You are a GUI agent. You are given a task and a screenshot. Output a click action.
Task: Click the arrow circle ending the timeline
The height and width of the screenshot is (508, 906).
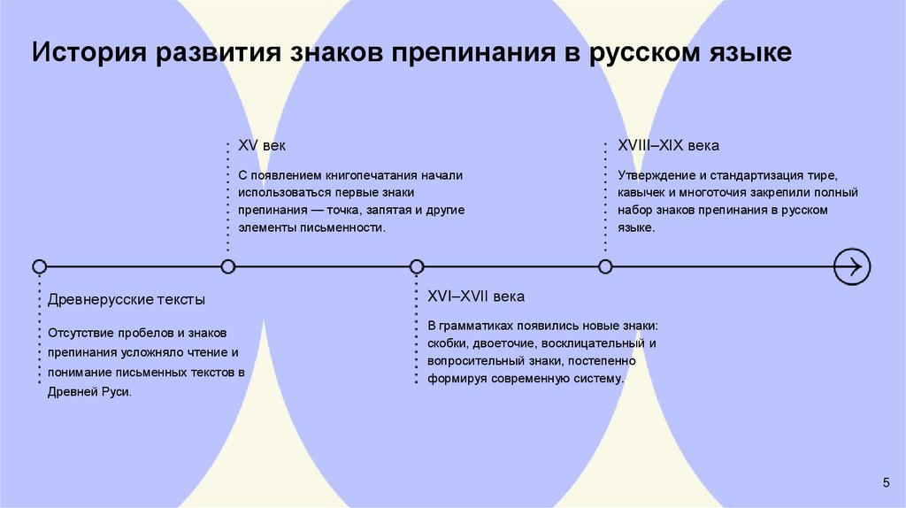point(853,266)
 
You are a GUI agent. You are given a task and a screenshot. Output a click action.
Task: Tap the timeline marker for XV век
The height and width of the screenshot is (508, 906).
point(228,266)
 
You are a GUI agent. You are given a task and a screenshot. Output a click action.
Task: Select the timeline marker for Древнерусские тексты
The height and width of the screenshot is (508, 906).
point(39,266)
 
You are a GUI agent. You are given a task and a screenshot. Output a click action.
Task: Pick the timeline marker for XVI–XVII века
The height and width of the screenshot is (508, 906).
point(417,266)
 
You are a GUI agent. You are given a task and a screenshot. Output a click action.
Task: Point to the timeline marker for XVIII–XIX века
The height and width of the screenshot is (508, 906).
point(605,266)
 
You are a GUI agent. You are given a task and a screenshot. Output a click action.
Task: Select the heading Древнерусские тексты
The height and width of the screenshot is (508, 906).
point(127,299)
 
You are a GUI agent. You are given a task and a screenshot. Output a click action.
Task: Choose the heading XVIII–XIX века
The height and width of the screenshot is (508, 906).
point(668,145)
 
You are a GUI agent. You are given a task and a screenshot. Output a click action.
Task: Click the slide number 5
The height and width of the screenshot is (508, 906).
point(886,481)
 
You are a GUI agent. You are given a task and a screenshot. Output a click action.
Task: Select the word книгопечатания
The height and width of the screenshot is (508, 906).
point(368,175)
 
